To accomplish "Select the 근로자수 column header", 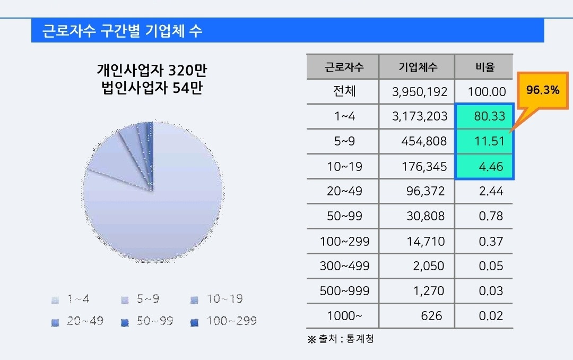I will point(344,67).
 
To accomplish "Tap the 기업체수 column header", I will point(418,67).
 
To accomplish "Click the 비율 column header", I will point(484,67).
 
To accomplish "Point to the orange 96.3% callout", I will point(543,90).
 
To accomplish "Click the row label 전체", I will point(344,91).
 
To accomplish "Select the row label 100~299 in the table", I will point(344,242).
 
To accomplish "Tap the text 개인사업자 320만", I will point(150,70).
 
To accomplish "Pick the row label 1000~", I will point(344,316).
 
